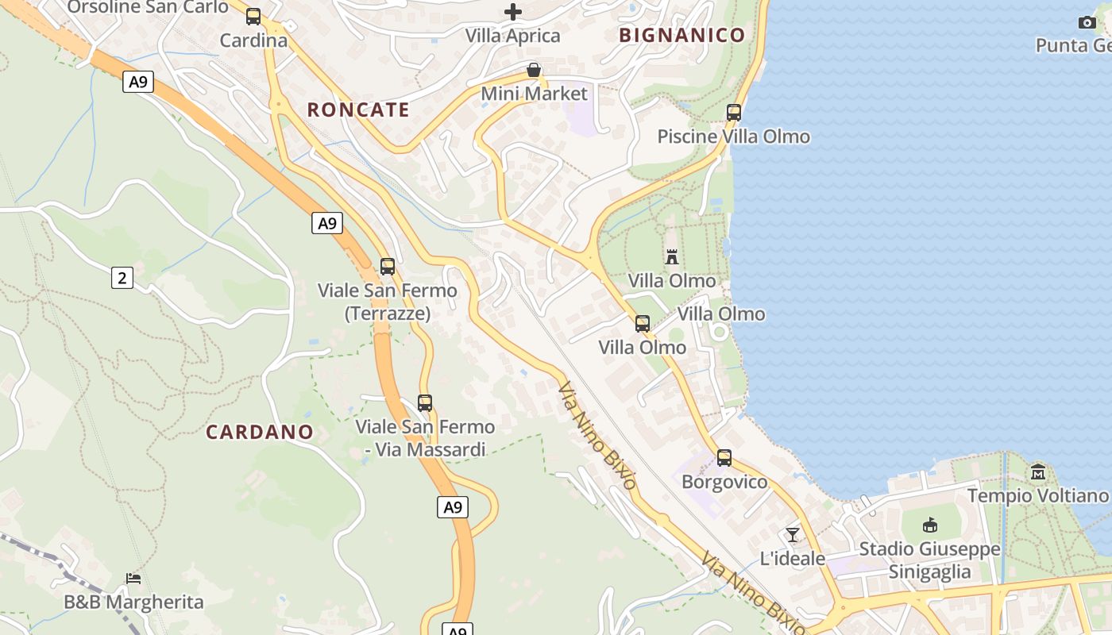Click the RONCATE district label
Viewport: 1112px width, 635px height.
[x=358, y=110]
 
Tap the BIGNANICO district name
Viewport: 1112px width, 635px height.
[x=681, y=35]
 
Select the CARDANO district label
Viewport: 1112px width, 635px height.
[x=260, y=432]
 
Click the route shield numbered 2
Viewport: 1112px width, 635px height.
[x=122, y=278]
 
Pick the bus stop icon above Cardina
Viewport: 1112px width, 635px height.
[x=253, y=17]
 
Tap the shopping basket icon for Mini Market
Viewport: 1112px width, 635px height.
[x=534, y=71]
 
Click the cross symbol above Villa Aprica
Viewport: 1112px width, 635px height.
[x=513, y=12]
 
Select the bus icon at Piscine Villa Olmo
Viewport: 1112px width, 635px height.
[x=733, y=113]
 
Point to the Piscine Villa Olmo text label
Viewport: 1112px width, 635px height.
[x=733, y=137]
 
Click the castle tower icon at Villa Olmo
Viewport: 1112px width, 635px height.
[x=672, y=256]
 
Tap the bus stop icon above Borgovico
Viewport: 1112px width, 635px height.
[x=724, y=458]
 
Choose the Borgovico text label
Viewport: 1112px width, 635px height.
[x=724, y=482]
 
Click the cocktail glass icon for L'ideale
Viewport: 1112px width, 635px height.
[x=792, y=534]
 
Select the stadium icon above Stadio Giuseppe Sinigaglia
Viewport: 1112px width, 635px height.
[x=929, y=525]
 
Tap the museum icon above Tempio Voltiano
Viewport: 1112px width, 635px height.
[x=1037, y=472]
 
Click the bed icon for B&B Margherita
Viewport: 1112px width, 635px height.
[x=133, y=579]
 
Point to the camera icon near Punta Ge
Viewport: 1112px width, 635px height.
[x=1087, y=22]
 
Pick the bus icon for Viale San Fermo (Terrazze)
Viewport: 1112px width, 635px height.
[x=387, y=267]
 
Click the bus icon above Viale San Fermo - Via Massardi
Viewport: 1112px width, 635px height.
[x=425, y=403]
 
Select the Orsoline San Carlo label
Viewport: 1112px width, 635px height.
[x=148, y=7]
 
